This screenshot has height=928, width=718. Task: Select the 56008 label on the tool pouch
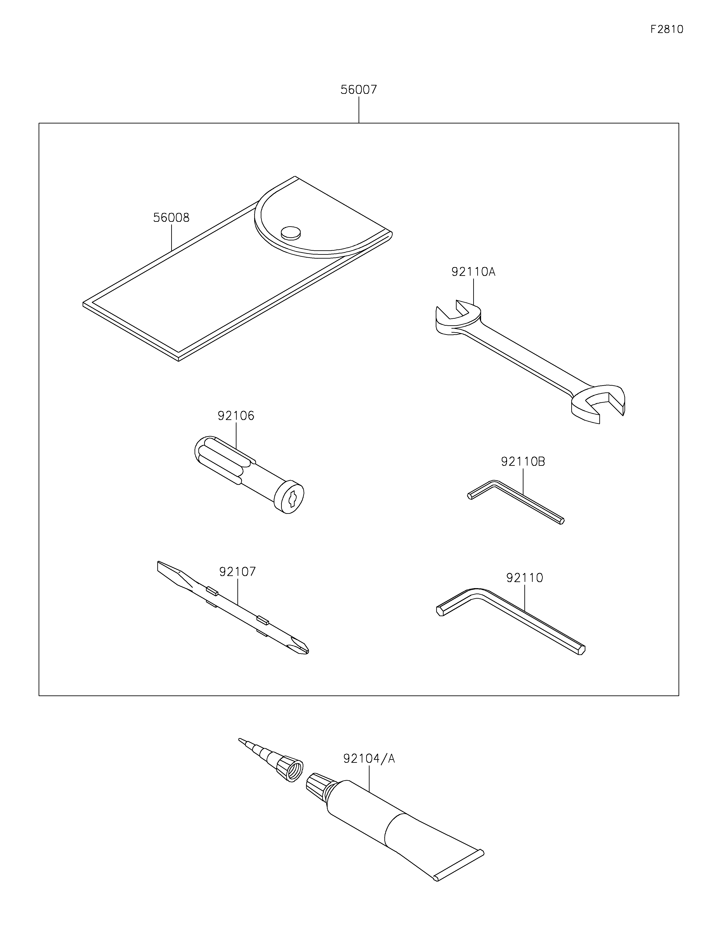point(171,218)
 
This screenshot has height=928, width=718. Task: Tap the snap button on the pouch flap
point(291,232)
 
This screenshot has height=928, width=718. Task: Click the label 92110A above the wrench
point(473,272)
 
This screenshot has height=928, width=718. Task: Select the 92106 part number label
point(236,416)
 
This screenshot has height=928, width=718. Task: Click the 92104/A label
point(369,759)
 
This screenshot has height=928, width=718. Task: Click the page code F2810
point(667,29)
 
